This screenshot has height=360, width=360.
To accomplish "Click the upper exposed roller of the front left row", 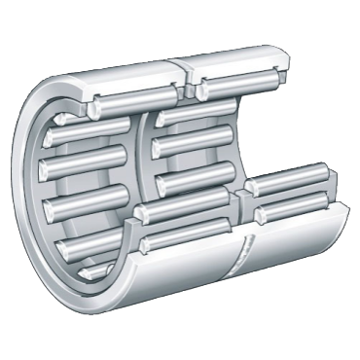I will (185, 206).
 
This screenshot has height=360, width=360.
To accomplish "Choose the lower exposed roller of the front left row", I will (185, 234).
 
